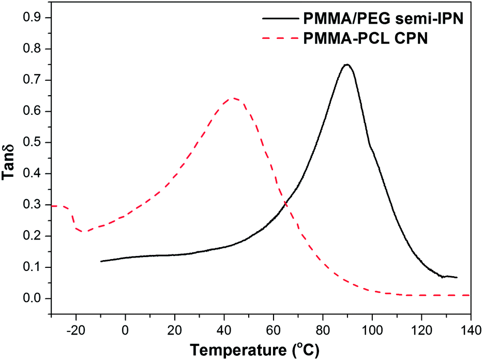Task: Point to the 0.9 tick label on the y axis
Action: pyautogui.click(x=33, y=18)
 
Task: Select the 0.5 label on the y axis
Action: pyautogui.click(x=33, y=143)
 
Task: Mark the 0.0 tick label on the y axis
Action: pyautogui.click(x=33, y=298)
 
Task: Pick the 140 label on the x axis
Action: pyautogui.click(x=471, y=327)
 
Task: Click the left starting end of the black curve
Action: pyautogui.click(x=101, y=261)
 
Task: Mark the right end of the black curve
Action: pyautogui.click(x=457, y=277)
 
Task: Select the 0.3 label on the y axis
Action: pyautogui.click(x=33, y=205)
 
